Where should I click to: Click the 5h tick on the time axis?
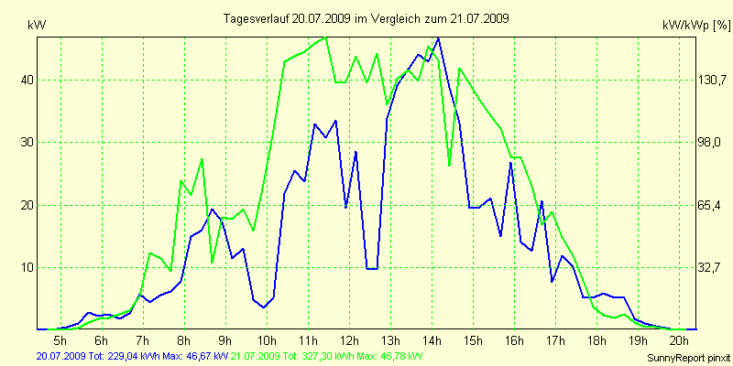tap(60, 339)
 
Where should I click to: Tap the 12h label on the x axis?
tap(348, 339)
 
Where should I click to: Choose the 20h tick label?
tap(678, 339)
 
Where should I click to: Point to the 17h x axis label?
tap(554, 339)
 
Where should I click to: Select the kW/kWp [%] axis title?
tap(695, 27)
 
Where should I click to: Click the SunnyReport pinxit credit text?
tap(685, 355)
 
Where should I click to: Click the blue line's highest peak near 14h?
tap(438, 38)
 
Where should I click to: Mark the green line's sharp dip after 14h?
tap(449, 165)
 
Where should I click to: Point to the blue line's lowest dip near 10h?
tap(264, 307)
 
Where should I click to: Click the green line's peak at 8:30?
tap(202, 160)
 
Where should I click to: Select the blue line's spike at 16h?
tap(510, 163)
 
